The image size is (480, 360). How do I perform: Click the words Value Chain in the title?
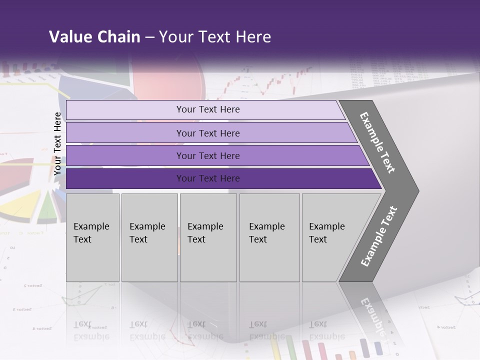(94, 37)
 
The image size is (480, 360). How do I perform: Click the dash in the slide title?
(149, 37)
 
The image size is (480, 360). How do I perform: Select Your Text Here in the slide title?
(215, 37)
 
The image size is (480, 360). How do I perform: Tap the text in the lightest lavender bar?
(208, 109)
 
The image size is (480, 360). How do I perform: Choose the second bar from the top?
(208, 133)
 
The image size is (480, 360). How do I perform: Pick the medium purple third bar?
(208, 155)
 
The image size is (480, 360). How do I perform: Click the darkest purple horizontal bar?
(208, 178)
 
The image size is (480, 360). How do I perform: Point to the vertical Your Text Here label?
(58, 143)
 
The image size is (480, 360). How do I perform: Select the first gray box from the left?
(92, 237)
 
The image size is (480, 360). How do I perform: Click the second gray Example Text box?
(149, 237)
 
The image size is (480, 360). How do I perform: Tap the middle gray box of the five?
(208, 237)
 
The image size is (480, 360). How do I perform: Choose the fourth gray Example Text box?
(269, 237)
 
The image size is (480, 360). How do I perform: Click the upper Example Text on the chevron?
(377, 142)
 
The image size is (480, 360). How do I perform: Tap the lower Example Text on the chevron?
(378, 236)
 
